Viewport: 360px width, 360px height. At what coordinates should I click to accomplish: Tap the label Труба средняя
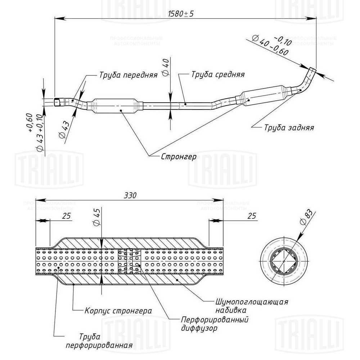tap(218, 75)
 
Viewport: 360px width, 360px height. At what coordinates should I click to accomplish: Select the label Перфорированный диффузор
tap(215, 323)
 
